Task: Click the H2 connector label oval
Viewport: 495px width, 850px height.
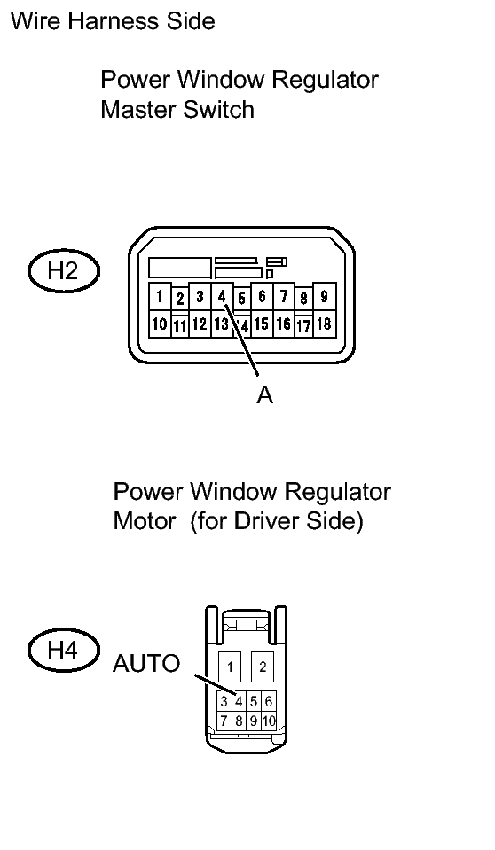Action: [x=64, y=271]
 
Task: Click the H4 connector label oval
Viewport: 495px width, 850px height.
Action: [x=64, y=650]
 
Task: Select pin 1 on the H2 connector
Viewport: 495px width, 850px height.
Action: [x=160, y=297]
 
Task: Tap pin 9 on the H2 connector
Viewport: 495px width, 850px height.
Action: [x=325, y=297]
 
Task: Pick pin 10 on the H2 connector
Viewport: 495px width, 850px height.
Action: [x=160, y=324]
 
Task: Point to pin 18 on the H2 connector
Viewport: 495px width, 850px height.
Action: [x=325, y=324]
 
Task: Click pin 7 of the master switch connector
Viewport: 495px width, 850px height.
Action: [x=283, y=297]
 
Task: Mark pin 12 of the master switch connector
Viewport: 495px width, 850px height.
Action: [x=200, y=324]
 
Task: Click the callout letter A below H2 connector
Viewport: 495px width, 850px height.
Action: [x=264, y=395]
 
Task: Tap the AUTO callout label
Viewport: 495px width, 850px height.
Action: [x=146, y=664]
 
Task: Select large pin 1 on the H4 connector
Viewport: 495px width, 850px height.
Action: [x=230, y=667]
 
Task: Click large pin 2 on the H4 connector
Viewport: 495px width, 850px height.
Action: [x=263, y=667]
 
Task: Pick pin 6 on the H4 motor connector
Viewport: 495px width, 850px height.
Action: [x=269, y=701]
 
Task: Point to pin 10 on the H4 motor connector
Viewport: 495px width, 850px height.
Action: [x=269, y=721]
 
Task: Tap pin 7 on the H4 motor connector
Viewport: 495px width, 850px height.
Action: [x=224, y=721]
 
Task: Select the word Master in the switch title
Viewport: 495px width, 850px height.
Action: [x=137, y=110]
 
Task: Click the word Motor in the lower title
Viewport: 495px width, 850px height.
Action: [x=145, y=521]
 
